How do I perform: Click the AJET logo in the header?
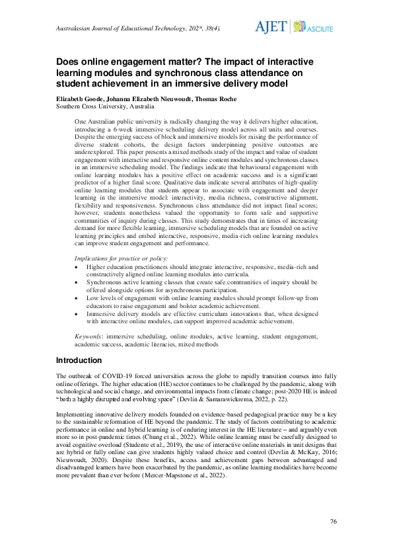point(271,26)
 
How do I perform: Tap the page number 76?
point(334,522)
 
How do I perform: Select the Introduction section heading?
point(79,360)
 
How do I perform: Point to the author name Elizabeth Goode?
point(79,98)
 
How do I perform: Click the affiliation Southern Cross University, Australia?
point(105,106)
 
